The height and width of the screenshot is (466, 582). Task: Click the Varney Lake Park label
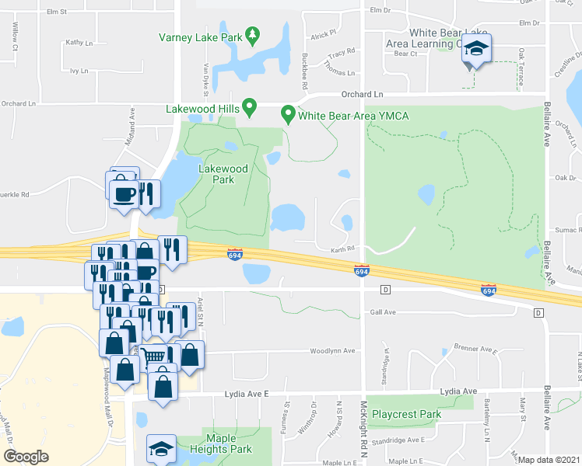click(201, 37)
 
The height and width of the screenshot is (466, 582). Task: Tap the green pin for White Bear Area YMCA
click(288, 114)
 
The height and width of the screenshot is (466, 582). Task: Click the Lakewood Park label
click(223, 174)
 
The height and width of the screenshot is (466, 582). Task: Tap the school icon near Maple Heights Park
click(161, 449)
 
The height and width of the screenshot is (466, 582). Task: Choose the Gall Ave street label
click(383, 312)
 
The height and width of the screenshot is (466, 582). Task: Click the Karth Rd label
click(343, 249)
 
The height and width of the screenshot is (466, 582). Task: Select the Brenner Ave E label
click(475, 350)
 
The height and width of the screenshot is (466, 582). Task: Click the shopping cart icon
click(154, 356)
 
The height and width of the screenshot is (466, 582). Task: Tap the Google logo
click(26, 457)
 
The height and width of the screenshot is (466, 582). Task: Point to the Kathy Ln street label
click(79, 43)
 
